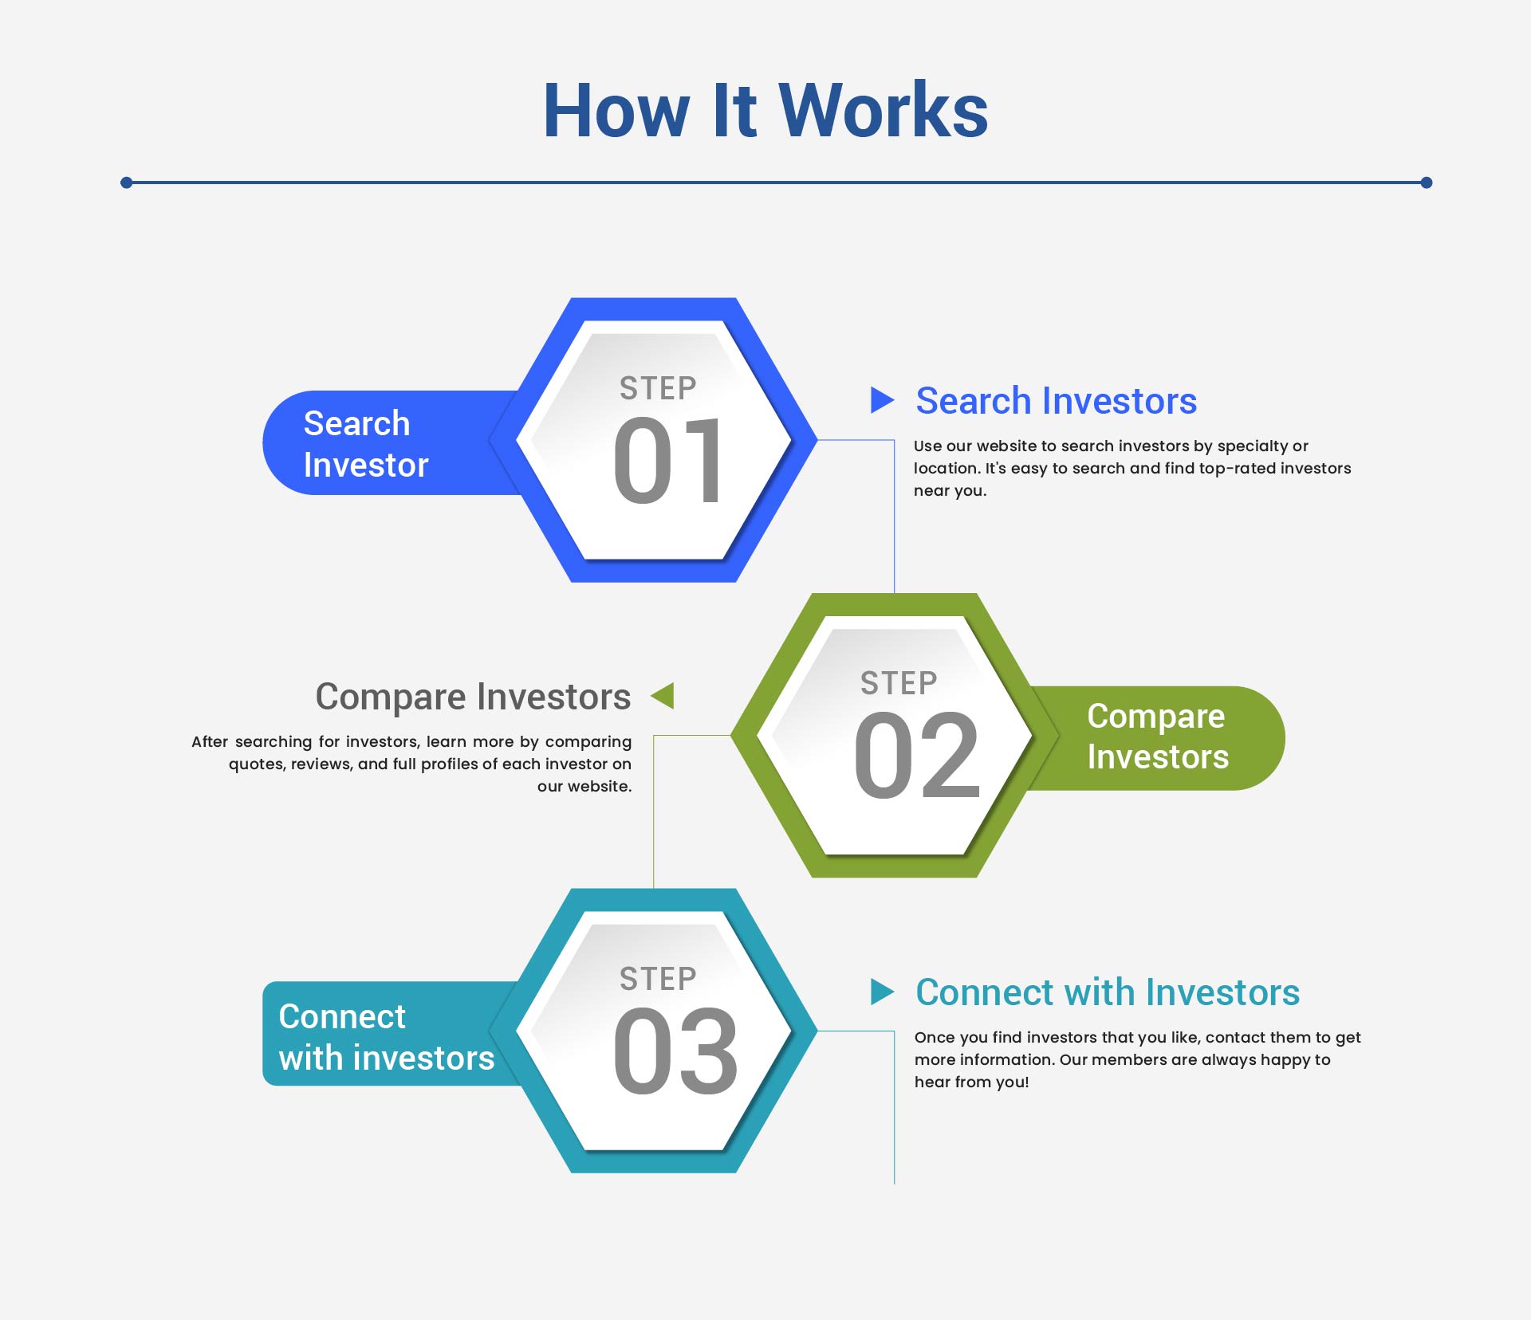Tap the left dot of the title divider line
[x=126, y=183]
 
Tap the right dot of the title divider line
[x=1427, y=183]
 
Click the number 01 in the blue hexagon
[x=667, y=461]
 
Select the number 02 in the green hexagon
[x=916, y=755]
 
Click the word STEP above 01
[x=658, y=388]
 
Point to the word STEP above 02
[x=899, y=683]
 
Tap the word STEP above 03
[x=658, y=978]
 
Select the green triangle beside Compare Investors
[x=663, y=695]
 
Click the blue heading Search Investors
[x=1056, y=400]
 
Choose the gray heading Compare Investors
[x=473, y=697]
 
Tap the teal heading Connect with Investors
[x=1108, y=992]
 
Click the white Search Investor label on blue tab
[x=366, y=444]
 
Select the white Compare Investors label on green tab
[x=1158, y=737]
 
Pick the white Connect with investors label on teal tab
[x=387, y=1037]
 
